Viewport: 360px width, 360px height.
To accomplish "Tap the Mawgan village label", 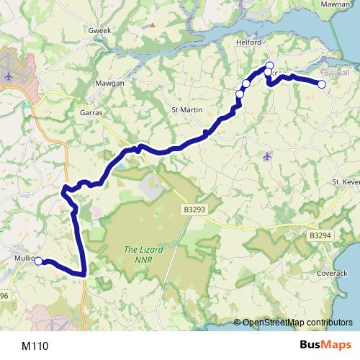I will pyautogui.click(x=110, y=84).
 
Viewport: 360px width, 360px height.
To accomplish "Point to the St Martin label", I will pyautogui.click(x=185, y=109).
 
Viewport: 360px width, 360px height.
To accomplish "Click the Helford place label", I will pyautogui.click(x=248, y=42).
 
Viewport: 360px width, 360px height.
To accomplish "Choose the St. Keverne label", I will pyautogui.click(x=345, y=183).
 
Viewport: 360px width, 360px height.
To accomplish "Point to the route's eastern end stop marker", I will pyautogui.click(x=322, y=84).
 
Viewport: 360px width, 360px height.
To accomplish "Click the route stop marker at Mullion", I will pyautogui.click(x=39, y=261).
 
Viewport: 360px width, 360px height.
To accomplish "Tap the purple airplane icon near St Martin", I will pyautogui.click(x=268, y=156).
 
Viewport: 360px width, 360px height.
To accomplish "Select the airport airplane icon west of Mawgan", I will pyautogui.click(x=9, y=75).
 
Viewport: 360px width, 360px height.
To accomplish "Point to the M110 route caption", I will pyautogui.click(x=35, y=346).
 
